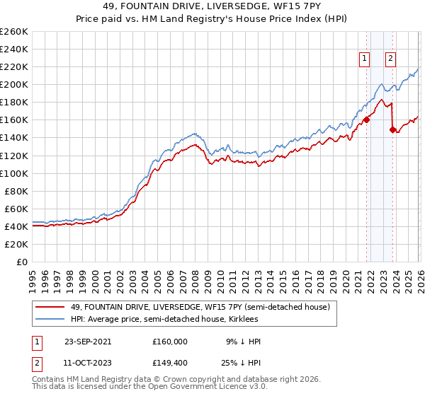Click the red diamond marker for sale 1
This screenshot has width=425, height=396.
pos(367,120)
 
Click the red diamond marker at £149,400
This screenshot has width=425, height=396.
pos(392,129)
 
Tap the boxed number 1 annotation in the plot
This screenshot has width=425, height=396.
pos(364,59)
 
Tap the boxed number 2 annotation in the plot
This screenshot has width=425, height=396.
pos(390,59)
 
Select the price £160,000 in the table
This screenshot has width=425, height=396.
pos(170,342)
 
